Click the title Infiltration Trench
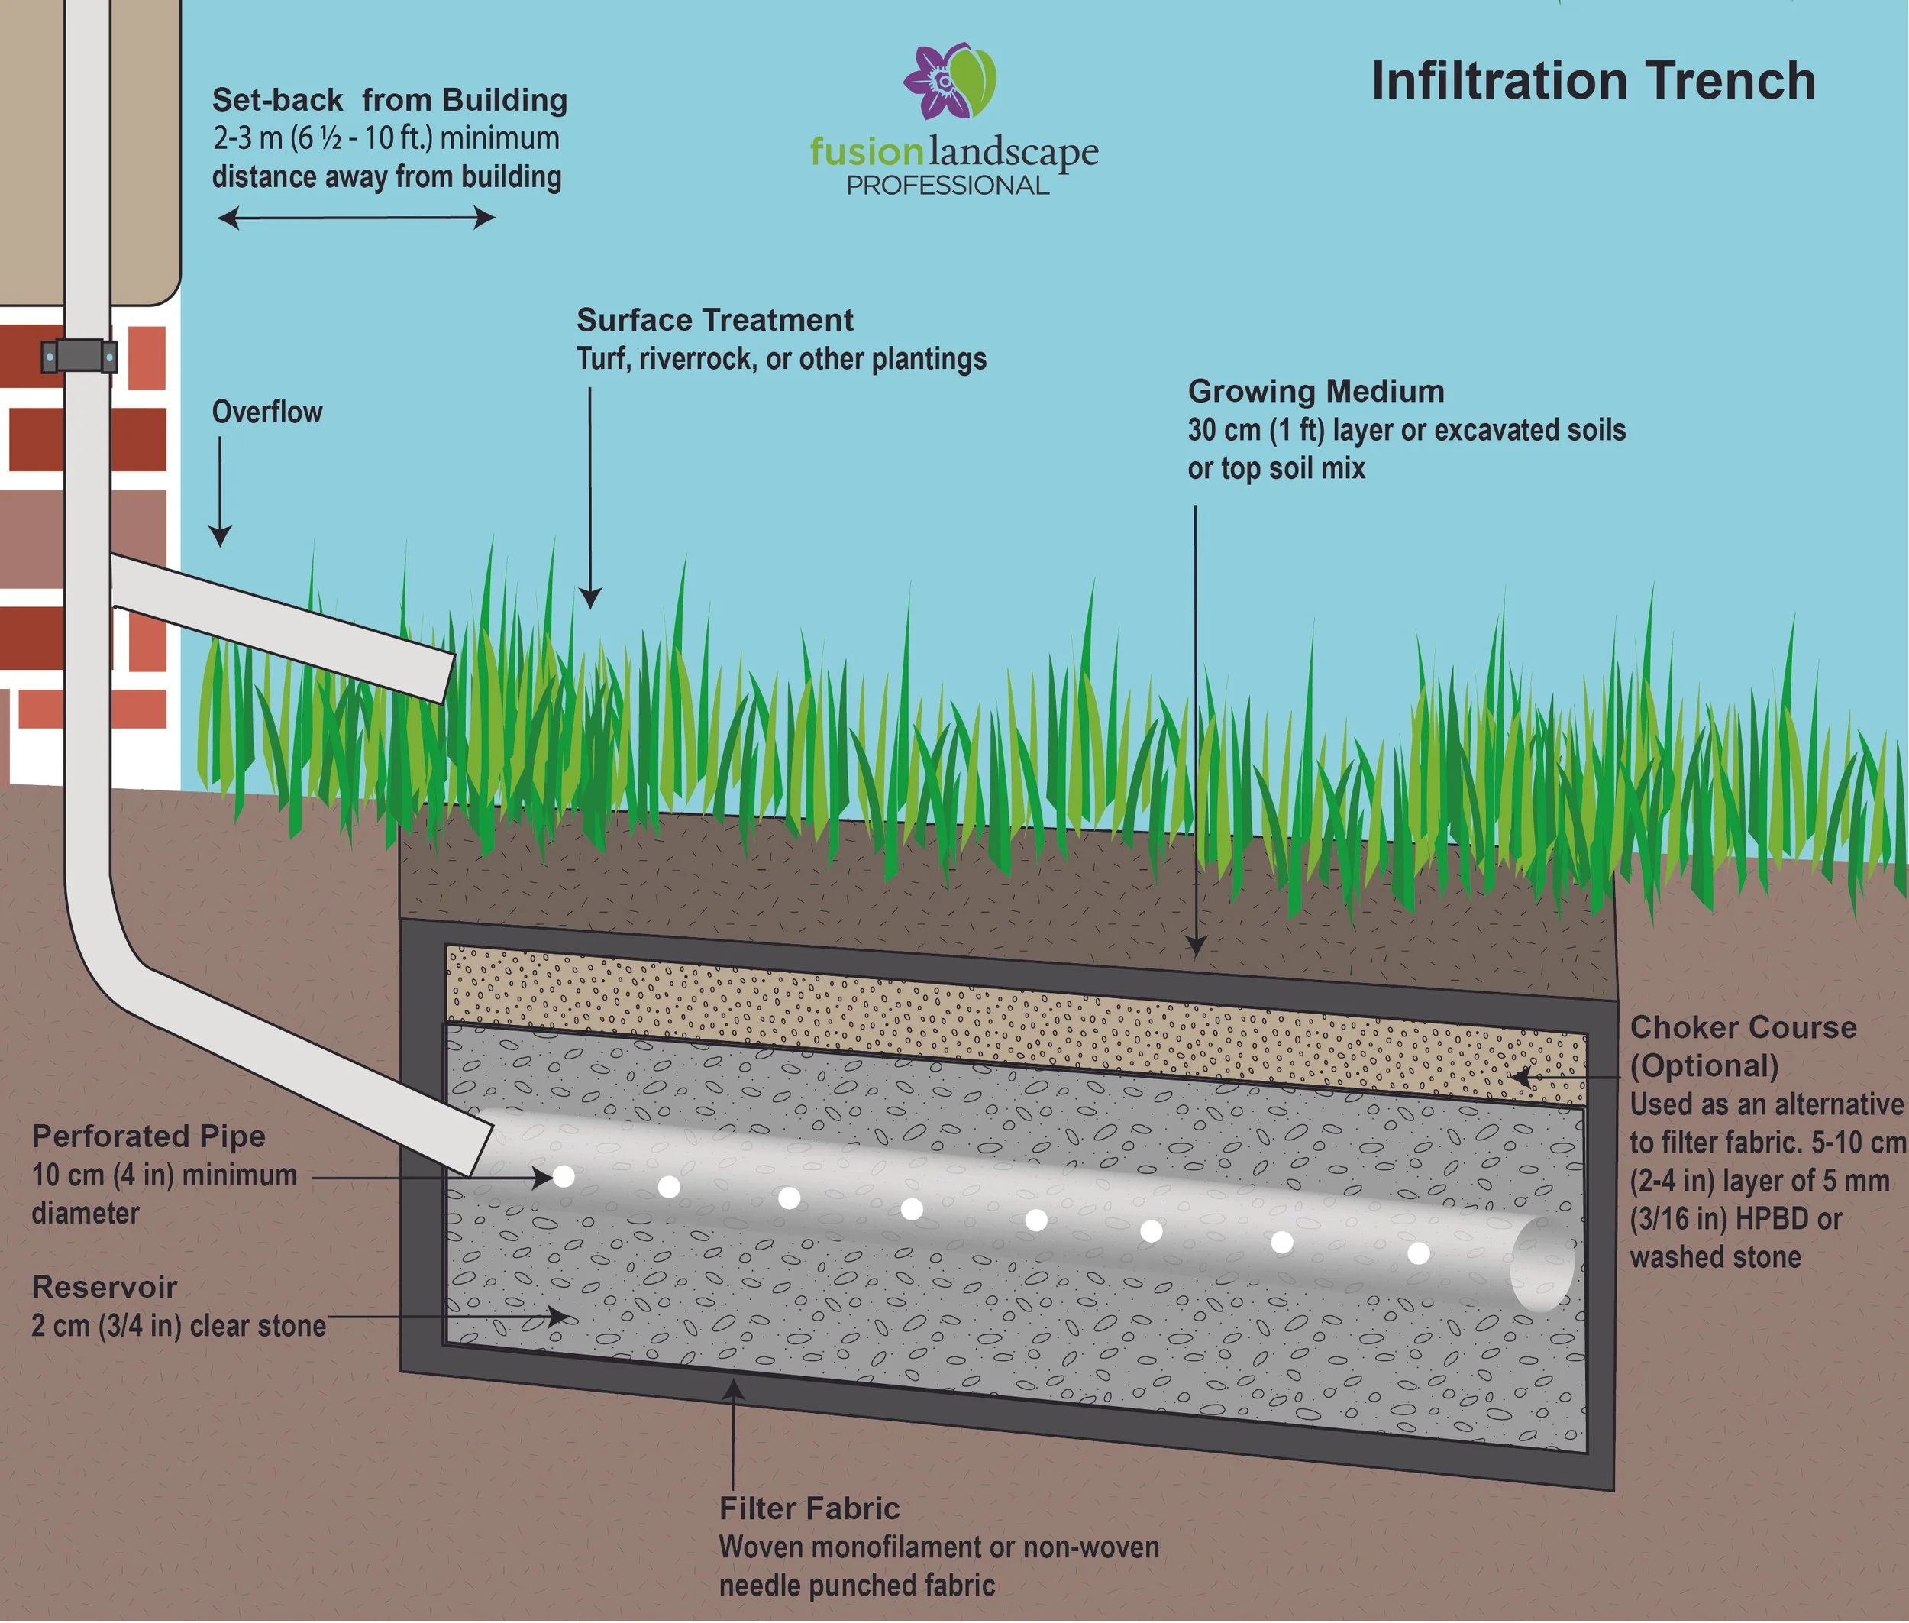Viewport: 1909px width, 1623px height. coord(1593,81)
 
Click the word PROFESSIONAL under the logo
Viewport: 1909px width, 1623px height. coord(947,186)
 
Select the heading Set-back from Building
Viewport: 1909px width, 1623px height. coord(389,99)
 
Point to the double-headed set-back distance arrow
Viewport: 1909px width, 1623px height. coord(356,218)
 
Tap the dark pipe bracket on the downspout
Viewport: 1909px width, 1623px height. coord(79,355)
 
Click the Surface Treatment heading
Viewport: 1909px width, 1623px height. coord(714,320)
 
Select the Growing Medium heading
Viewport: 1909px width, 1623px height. coord(1316,391)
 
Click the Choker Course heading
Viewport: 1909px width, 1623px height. coord(1743,1028)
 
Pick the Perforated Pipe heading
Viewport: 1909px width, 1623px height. coord(148,1136)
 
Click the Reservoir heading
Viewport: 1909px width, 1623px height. coord(104,1287)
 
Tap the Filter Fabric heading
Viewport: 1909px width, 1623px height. coord(809,1508)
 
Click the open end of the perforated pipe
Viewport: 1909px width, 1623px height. coord(1542,1264)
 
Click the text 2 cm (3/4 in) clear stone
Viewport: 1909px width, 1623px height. coord(179,1326)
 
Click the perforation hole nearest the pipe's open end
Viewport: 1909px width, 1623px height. coord(1419,1253)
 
